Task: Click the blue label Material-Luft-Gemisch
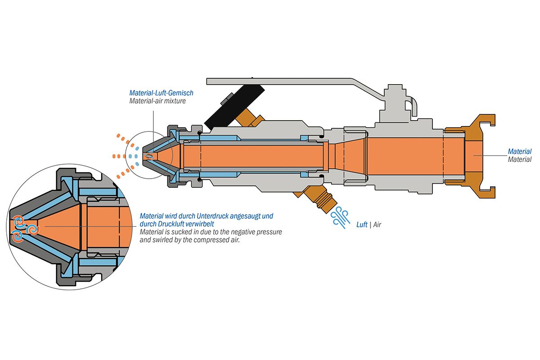(x=161, y=93)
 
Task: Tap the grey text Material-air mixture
(x=157, y=101)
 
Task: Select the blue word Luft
(x=362, y=225)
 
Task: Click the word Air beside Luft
(x=377, y=225)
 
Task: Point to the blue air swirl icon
(x=341, y=218)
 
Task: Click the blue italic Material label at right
(x=519, y=152)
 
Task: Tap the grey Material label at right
(x=519, y=159)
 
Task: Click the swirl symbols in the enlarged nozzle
(x=25, y=227)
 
